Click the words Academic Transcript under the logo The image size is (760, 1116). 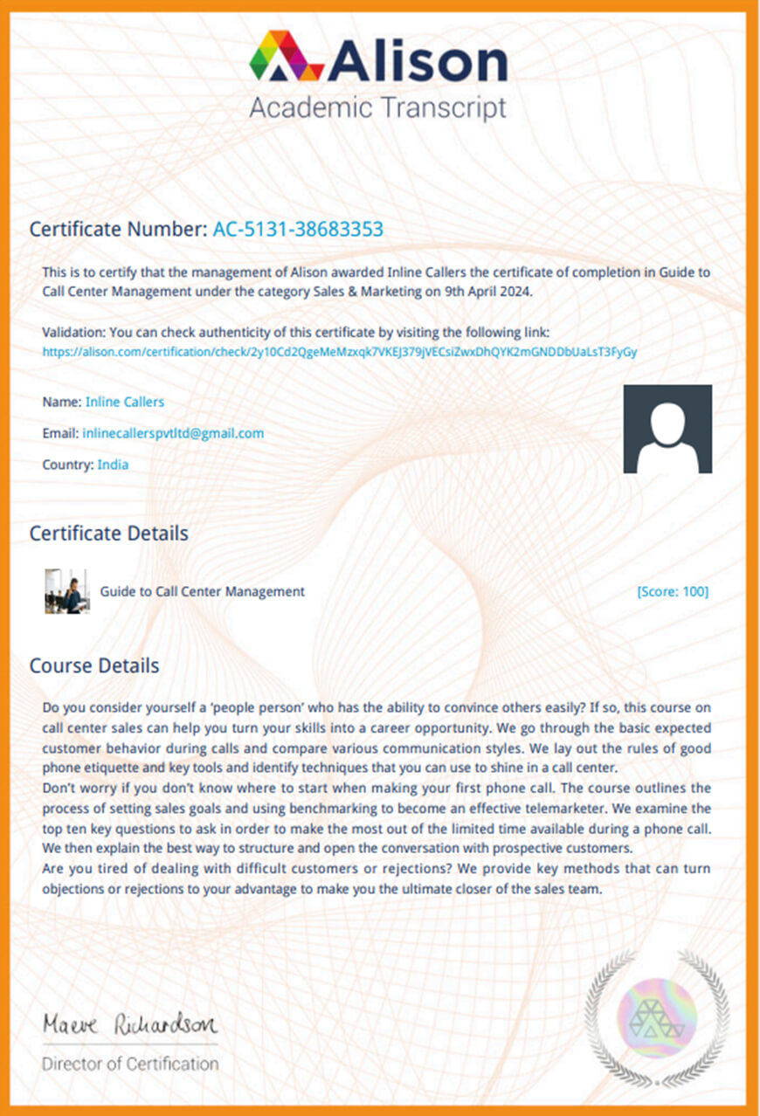377,108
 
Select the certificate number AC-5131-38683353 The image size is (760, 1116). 298,230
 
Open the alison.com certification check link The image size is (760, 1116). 340,352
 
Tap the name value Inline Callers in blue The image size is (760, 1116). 124,402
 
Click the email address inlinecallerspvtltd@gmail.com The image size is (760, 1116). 173,433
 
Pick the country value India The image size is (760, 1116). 113,465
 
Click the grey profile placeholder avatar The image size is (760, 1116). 667,429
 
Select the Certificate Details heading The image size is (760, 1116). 109,533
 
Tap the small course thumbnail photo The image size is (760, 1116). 66,591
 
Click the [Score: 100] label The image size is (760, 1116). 673,592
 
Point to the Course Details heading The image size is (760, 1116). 94,665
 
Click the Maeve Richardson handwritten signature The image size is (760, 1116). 130,1023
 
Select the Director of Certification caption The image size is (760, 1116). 130,1064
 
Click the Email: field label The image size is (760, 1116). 60,433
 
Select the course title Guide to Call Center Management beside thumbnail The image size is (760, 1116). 203,591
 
